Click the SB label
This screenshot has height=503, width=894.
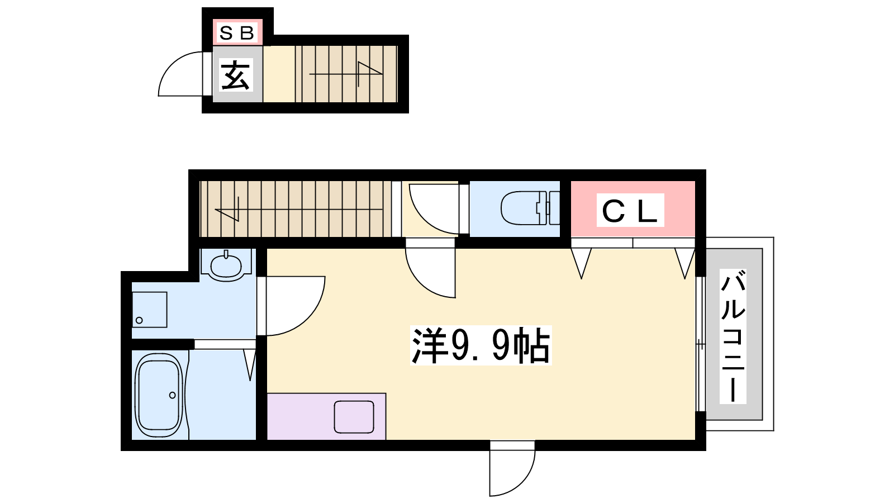pyautogui.click(x=237, y=33)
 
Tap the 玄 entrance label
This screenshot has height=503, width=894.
pyautogui.click(x=236, y=75)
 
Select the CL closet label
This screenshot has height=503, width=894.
pyautogui.click(x=630, y=210)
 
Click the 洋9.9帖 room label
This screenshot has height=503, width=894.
pyautogui.click(x=481, y=345)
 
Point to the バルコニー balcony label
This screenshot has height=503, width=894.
pyautogui.click(x=733, y=336)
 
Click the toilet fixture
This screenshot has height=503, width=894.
pyautogui.click(x=530, y=208)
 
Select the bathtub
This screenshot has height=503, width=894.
pyautogui.click(x=160, y=395)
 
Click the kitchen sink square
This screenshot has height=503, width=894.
pyautogui.click(x=354, y=417)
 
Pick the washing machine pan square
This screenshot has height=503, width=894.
pyautogui.click(x=149, y=310)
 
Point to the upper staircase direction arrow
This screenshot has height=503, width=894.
pyautogui.click(x=346, y=74)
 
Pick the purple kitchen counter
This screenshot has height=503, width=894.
pyautogui.click(x=326, y=416)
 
